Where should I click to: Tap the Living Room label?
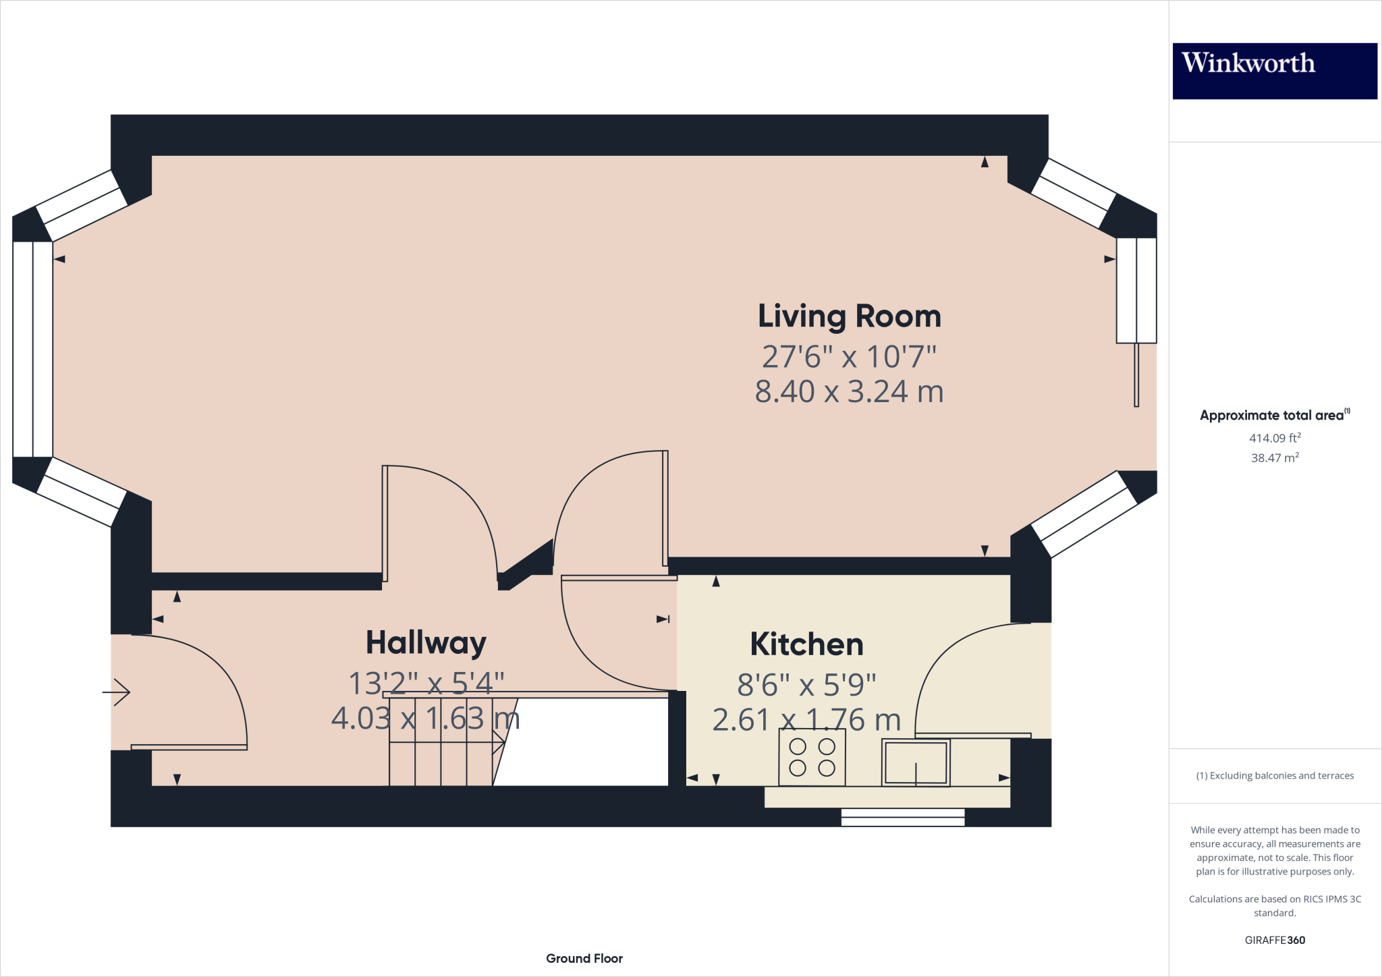point(849,316)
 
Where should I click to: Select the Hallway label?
point(426,643)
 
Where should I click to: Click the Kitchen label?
point(806,644)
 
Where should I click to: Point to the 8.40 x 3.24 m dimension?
point(849,392)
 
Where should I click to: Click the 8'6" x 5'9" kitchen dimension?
point(806,685)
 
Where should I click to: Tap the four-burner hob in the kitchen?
point(812,757)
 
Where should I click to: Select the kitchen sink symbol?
point(916,763)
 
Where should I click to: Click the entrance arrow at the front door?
point(117,692)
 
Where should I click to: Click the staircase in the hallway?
point(442,742)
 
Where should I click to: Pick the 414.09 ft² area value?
point(1275,438)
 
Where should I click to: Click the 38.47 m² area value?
point(1275,457)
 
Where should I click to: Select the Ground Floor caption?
point(584,958)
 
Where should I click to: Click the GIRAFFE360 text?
point(1275,940)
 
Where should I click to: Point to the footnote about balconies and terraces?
point(1275,776)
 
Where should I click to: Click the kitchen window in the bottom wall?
point(903,817)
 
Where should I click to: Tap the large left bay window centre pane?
point(32,349)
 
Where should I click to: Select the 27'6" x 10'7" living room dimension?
point(849,357)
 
